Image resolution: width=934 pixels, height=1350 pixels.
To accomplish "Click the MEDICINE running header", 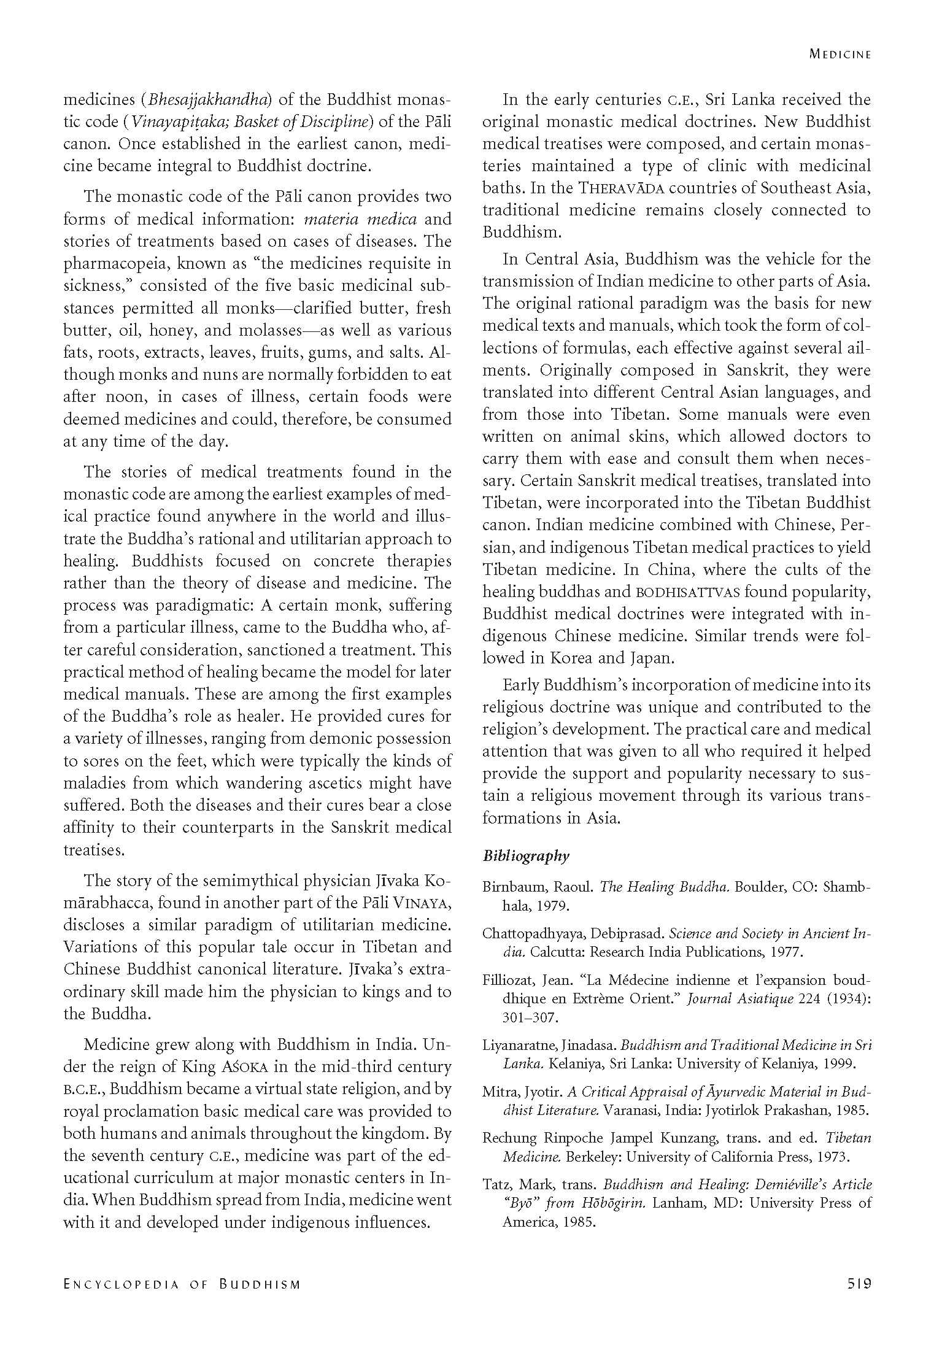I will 840,54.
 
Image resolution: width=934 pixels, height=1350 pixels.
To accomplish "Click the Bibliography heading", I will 526,856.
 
